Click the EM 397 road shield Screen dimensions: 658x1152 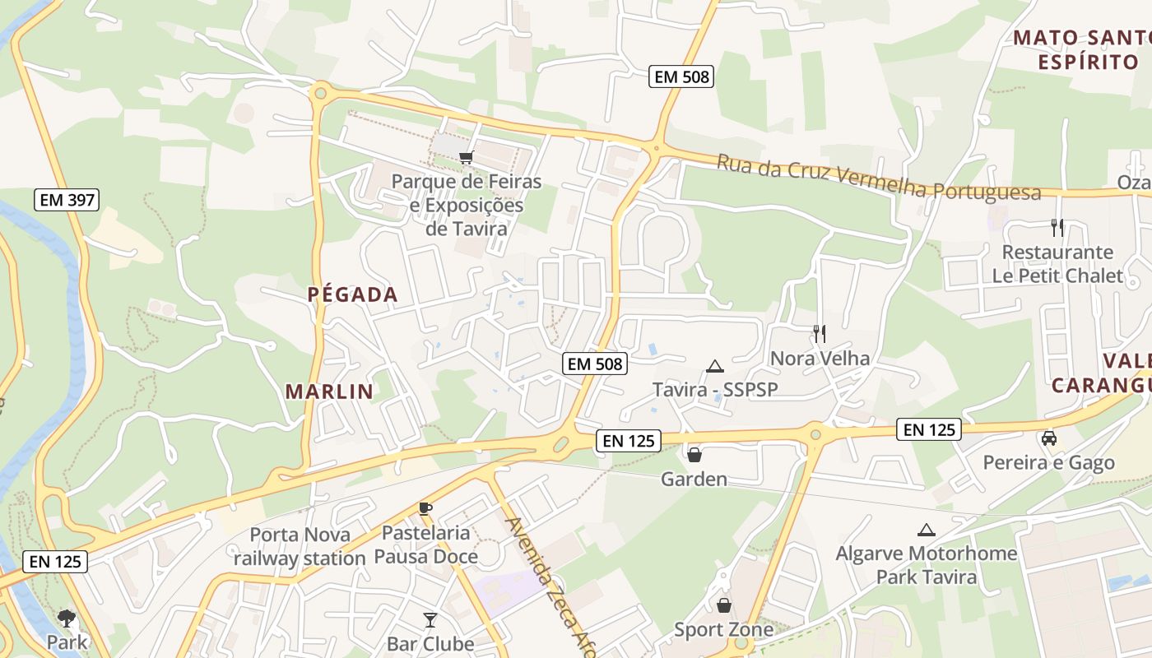[67, 199]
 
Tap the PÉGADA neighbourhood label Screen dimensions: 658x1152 [352, 294]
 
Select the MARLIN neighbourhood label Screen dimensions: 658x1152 [329, 392]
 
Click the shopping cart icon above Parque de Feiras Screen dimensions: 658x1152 [466, 156]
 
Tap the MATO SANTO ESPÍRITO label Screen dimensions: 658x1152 [1080, 49]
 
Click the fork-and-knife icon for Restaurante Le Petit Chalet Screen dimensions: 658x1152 [1057, 227]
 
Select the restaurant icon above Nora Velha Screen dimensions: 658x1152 [819, 333]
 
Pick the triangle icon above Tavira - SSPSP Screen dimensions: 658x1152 [714, 366]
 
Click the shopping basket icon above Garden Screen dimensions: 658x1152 [694, 454]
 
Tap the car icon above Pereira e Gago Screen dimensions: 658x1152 [1048, 438]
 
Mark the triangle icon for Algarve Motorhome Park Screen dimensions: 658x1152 [927, 530]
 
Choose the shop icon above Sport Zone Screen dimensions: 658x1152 [723, 605]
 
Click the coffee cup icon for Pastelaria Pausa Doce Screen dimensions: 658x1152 [425, 508]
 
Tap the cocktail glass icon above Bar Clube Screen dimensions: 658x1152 [430, 619]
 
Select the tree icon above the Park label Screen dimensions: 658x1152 [67, 618]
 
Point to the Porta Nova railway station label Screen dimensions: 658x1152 [300, 546]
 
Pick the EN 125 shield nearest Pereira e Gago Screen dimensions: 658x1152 [929, 429]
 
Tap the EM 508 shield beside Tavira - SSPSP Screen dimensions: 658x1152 [595, 364]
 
